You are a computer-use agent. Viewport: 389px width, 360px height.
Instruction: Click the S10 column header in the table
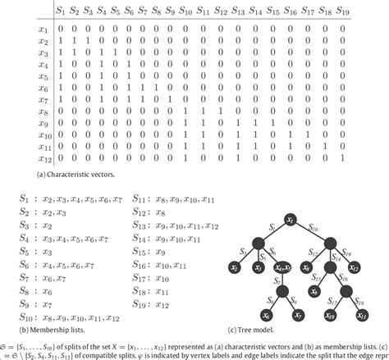click(185, 11)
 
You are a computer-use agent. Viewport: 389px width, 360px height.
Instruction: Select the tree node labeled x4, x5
click(283, 267)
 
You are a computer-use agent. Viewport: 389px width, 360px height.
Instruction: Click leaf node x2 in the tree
click(234, 267)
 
